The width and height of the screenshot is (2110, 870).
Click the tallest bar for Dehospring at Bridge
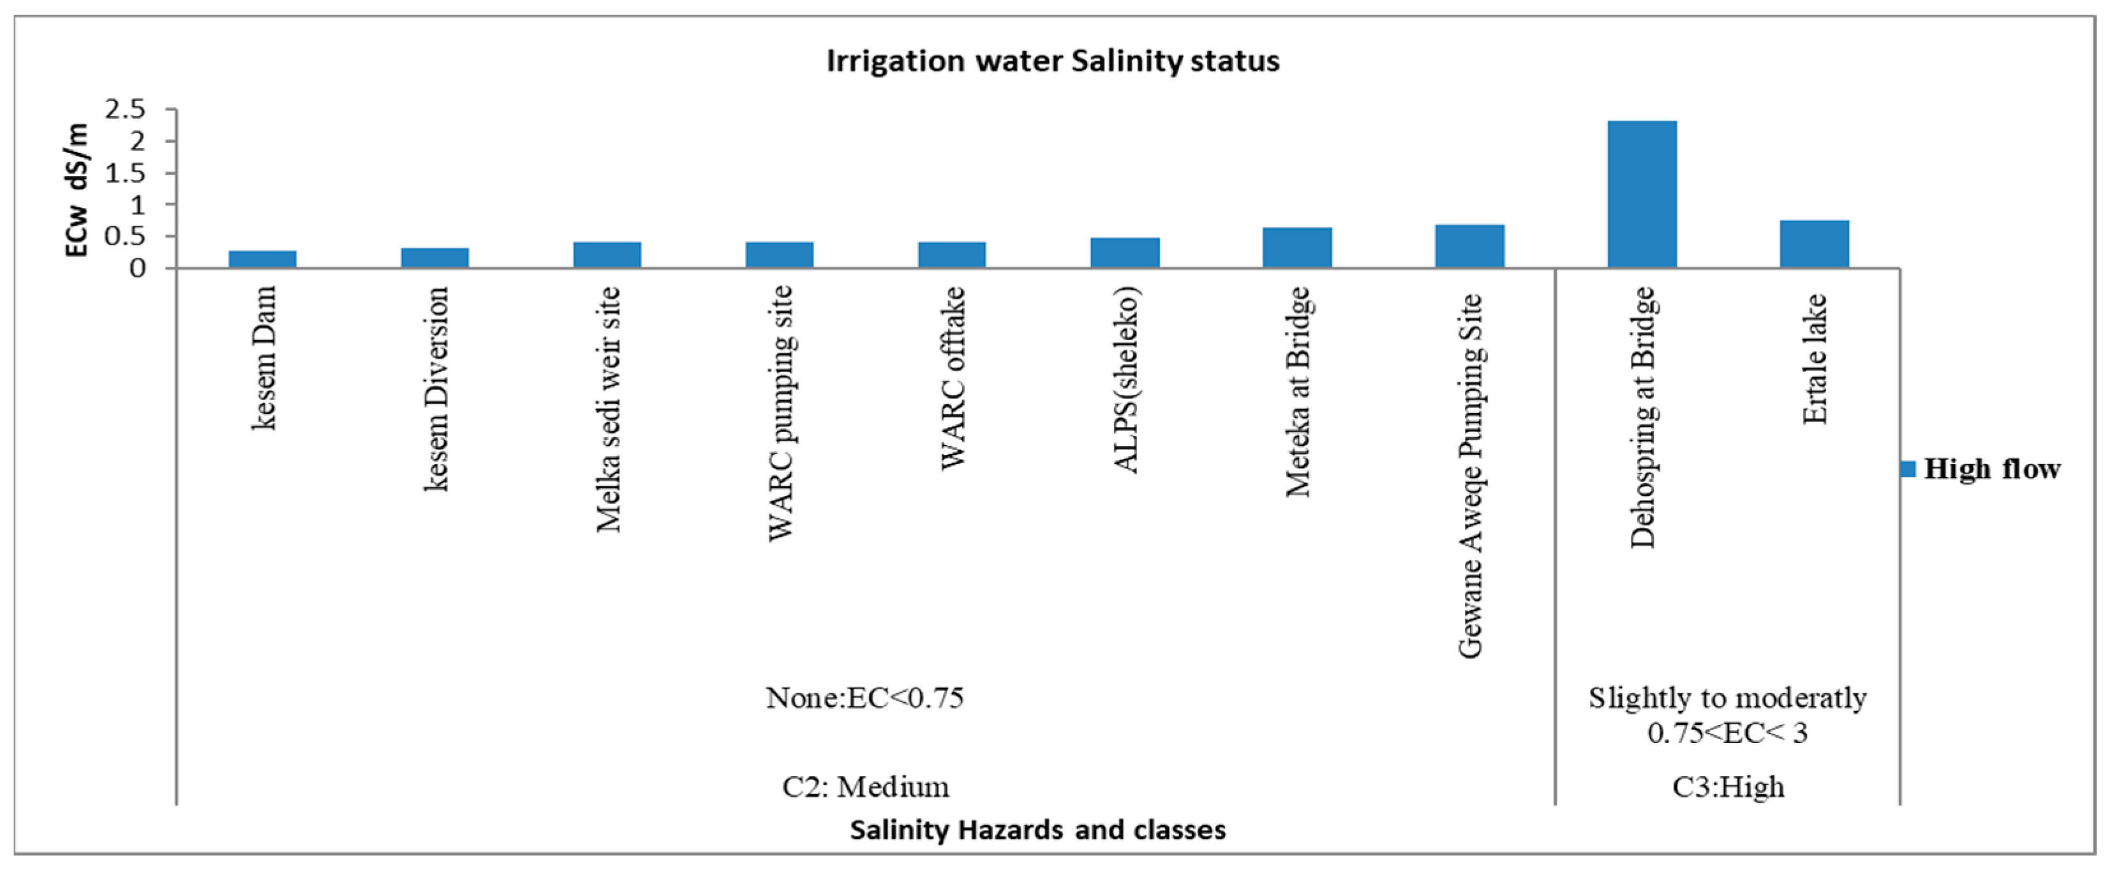coord(1642,194)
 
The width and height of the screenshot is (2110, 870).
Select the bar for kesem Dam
coord(262,259)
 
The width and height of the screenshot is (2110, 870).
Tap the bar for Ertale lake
coord(1815,243)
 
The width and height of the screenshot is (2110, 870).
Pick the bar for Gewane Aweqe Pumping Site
coord(1469,246)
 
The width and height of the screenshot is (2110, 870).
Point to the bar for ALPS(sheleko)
coord(1125,252)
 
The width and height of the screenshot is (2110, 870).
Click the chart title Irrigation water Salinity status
coord(1053,61)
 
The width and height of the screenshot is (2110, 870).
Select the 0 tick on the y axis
coord(138,269)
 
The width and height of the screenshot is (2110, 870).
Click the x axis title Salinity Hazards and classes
coord(1038,830)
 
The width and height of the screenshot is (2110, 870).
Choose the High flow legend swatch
coord(1908,469)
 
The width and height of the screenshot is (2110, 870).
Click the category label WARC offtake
coord(952,378)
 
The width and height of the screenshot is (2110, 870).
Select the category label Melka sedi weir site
coord(608,410)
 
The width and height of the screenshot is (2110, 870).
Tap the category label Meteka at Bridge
coord(1297,391)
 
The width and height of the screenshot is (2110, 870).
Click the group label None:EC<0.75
coord(864,698)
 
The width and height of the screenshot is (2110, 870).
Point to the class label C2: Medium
coord(866,787)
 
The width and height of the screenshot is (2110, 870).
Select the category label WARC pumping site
coord(780,413)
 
